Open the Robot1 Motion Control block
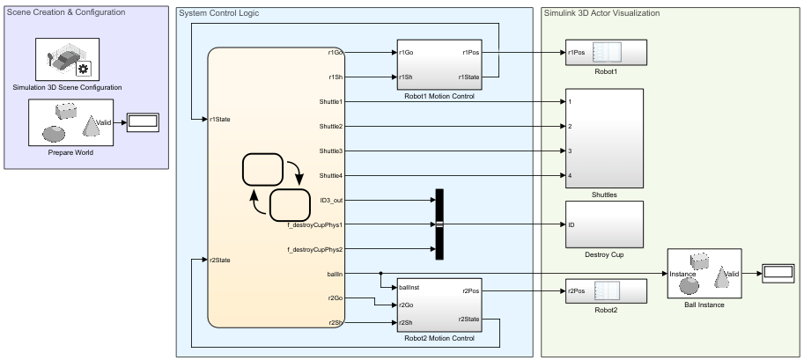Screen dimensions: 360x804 [437, 65]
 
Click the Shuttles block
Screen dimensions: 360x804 [604, 138]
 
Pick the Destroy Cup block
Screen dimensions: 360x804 [604, 224]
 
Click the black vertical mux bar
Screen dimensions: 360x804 [439, 224]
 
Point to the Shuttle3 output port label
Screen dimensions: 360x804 [330, 151]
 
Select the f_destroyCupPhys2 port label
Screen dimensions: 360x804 [315, 249]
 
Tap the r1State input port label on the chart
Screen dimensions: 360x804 [221, 120]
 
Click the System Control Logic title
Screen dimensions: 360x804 [218, 13]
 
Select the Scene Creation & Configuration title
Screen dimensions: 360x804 [67, 12]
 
